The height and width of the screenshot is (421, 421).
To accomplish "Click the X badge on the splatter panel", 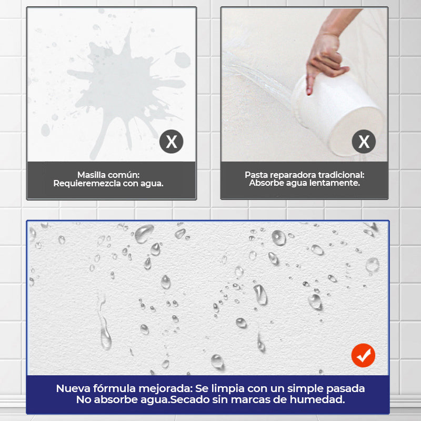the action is tap(172, 142).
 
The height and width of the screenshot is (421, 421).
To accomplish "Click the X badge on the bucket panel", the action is tap(364, 142).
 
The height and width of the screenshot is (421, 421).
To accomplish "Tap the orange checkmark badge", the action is tap(363, 355).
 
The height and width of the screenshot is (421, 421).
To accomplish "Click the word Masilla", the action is tap(91, 175).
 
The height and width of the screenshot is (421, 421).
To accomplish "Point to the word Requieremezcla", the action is tap(87, 183).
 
